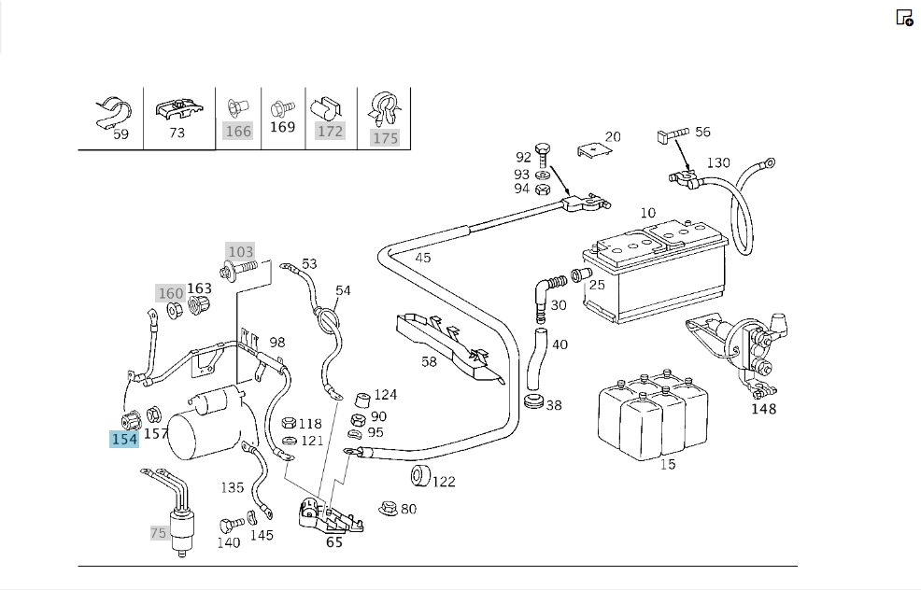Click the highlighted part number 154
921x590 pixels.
tap(124, 439)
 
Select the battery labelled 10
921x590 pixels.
tap(656, 271)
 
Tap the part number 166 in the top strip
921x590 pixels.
tap(238, 131)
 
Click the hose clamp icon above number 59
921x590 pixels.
tap(113, 113)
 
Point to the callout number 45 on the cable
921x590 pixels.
tap(423, 258)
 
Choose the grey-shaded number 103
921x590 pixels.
tap(241, 251)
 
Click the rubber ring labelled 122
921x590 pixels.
tap(420, 475)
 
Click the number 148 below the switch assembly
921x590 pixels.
tap(763, 409)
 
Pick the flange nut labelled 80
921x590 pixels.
tap(389, 509)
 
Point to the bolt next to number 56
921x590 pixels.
tap(672, 135)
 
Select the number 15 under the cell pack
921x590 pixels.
tap(667, 464)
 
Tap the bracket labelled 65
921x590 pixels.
tap(330, 516)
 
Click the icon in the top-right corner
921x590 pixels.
tap(904, 18)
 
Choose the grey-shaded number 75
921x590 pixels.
tap(158, 533)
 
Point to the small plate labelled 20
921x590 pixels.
tap(594, 150)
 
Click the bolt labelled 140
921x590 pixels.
tap(232, 525)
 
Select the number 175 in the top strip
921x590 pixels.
tap(386, 138)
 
